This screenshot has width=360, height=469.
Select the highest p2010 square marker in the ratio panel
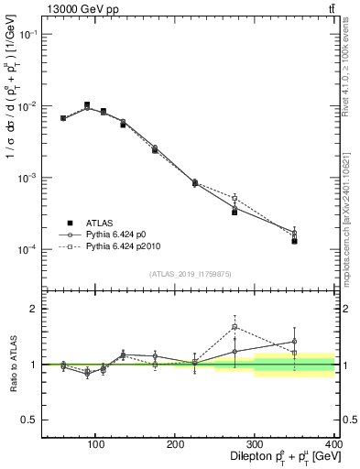[x=235, y=326]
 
